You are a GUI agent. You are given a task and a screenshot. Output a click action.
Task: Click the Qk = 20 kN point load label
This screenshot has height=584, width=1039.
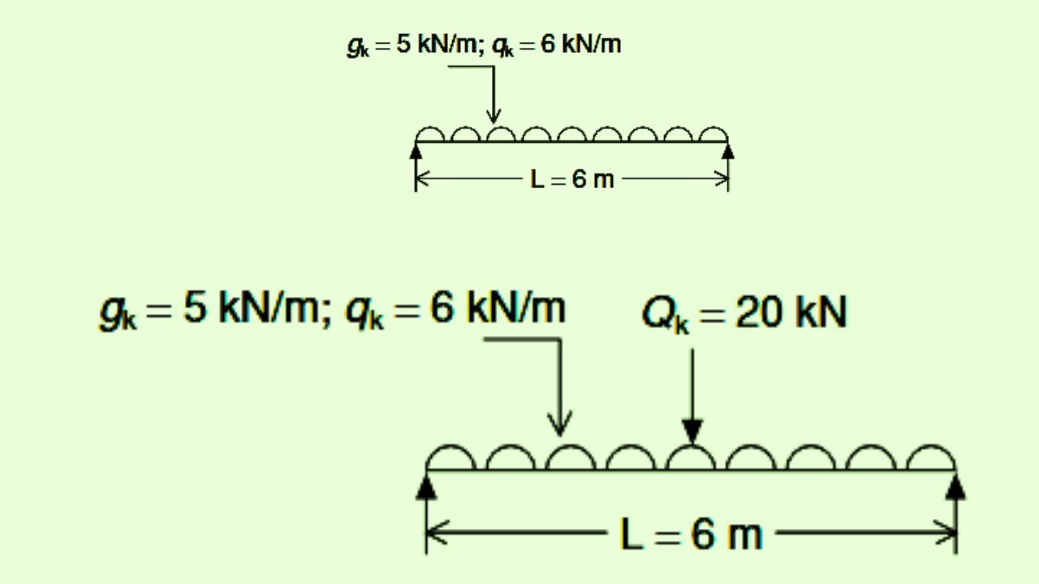(x=745, y=314)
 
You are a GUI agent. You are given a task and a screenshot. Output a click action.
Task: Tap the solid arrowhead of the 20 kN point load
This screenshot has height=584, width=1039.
(x=692, y=431)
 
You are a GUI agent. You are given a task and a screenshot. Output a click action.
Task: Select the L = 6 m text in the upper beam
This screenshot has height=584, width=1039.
(x=572, y=179)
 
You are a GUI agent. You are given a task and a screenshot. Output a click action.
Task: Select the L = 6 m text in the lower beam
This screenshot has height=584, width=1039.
(x=691, y=534)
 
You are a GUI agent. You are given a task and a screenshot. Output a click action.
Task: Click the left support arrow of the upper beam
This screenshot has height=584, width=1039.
(x=416, y=152)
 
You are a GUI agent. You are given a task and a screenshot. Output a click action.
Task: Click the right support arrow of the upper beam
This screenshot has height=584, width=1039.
(x=728, y=152)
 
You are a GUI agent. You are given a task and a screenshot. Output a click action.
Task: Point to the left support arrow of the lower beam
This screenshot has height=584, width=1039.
(x=426, y=487)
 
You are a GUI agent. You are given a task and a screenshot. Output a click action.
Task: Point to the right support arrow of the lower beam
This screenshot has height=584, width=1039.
(x=955, y=487)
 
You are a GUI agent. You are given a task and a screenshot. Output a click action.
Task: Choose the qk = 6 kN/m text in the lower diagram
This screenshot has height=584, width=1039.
(x=456, y=309)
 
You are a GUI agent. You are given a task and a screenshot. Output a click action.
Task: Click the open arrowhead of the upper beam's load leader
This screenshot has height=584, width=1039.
(x=494, y=117)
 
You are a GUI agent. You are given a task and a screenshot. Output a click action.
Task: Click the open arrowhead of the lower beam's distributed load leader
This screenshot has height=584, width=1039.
(x=560, y=423)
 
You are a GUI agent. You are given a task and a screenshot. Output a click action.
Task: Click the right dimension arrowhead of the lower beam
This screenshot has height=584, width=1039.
(x=946, y=533)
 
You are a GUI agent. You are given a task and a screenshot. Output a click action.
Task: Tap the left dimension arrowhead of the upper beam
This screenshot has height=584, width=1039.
(x=423, y=178)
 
